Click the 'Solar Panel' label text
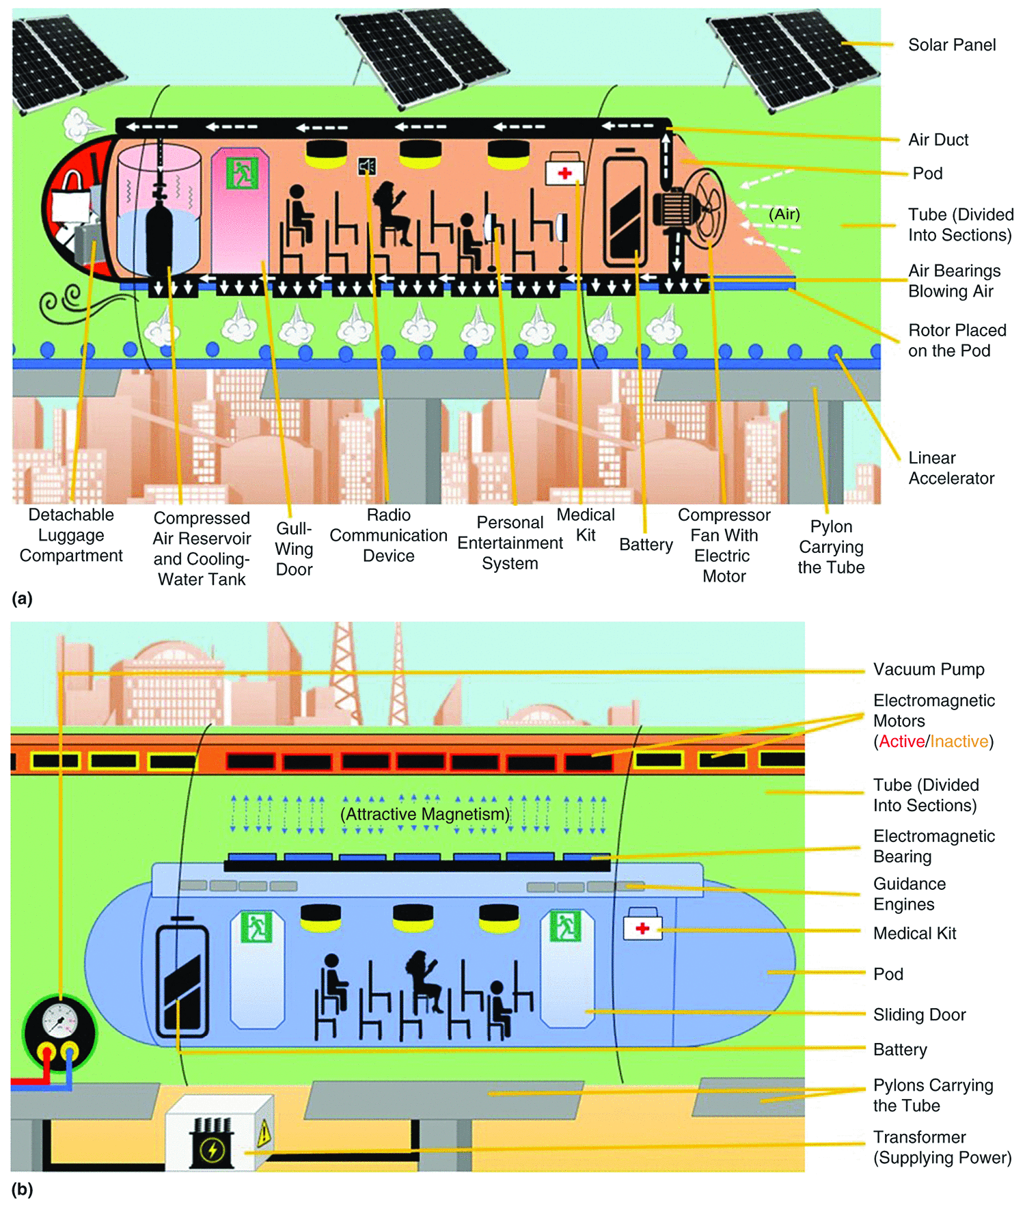coord(951,45)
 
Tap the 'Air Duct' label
coord(938,139)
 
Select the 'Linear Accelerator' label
coord(951,467)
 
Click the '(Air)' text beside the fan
coord(784,214)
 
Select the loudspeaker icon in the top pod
coord(367,166)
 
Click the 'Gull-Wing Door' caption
coord(294,548)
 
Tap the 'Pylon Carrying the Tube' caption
coord(830,546)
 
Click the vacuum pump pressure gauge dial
coord(59,1022)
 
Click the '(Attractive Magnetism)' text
coord(425,814)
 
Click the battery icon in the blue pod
coord(182,977)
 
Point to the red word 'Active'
coord(901,742)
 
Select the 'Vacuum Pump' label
coord(928,669)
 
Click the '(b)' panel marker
coord(22,1189)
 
